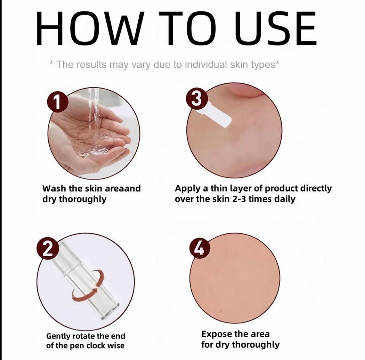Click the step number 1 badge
click(x=57, y=103)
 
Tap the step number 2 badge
click(x=47, y=250)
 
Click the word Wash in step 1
click(x=54, y=189)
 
